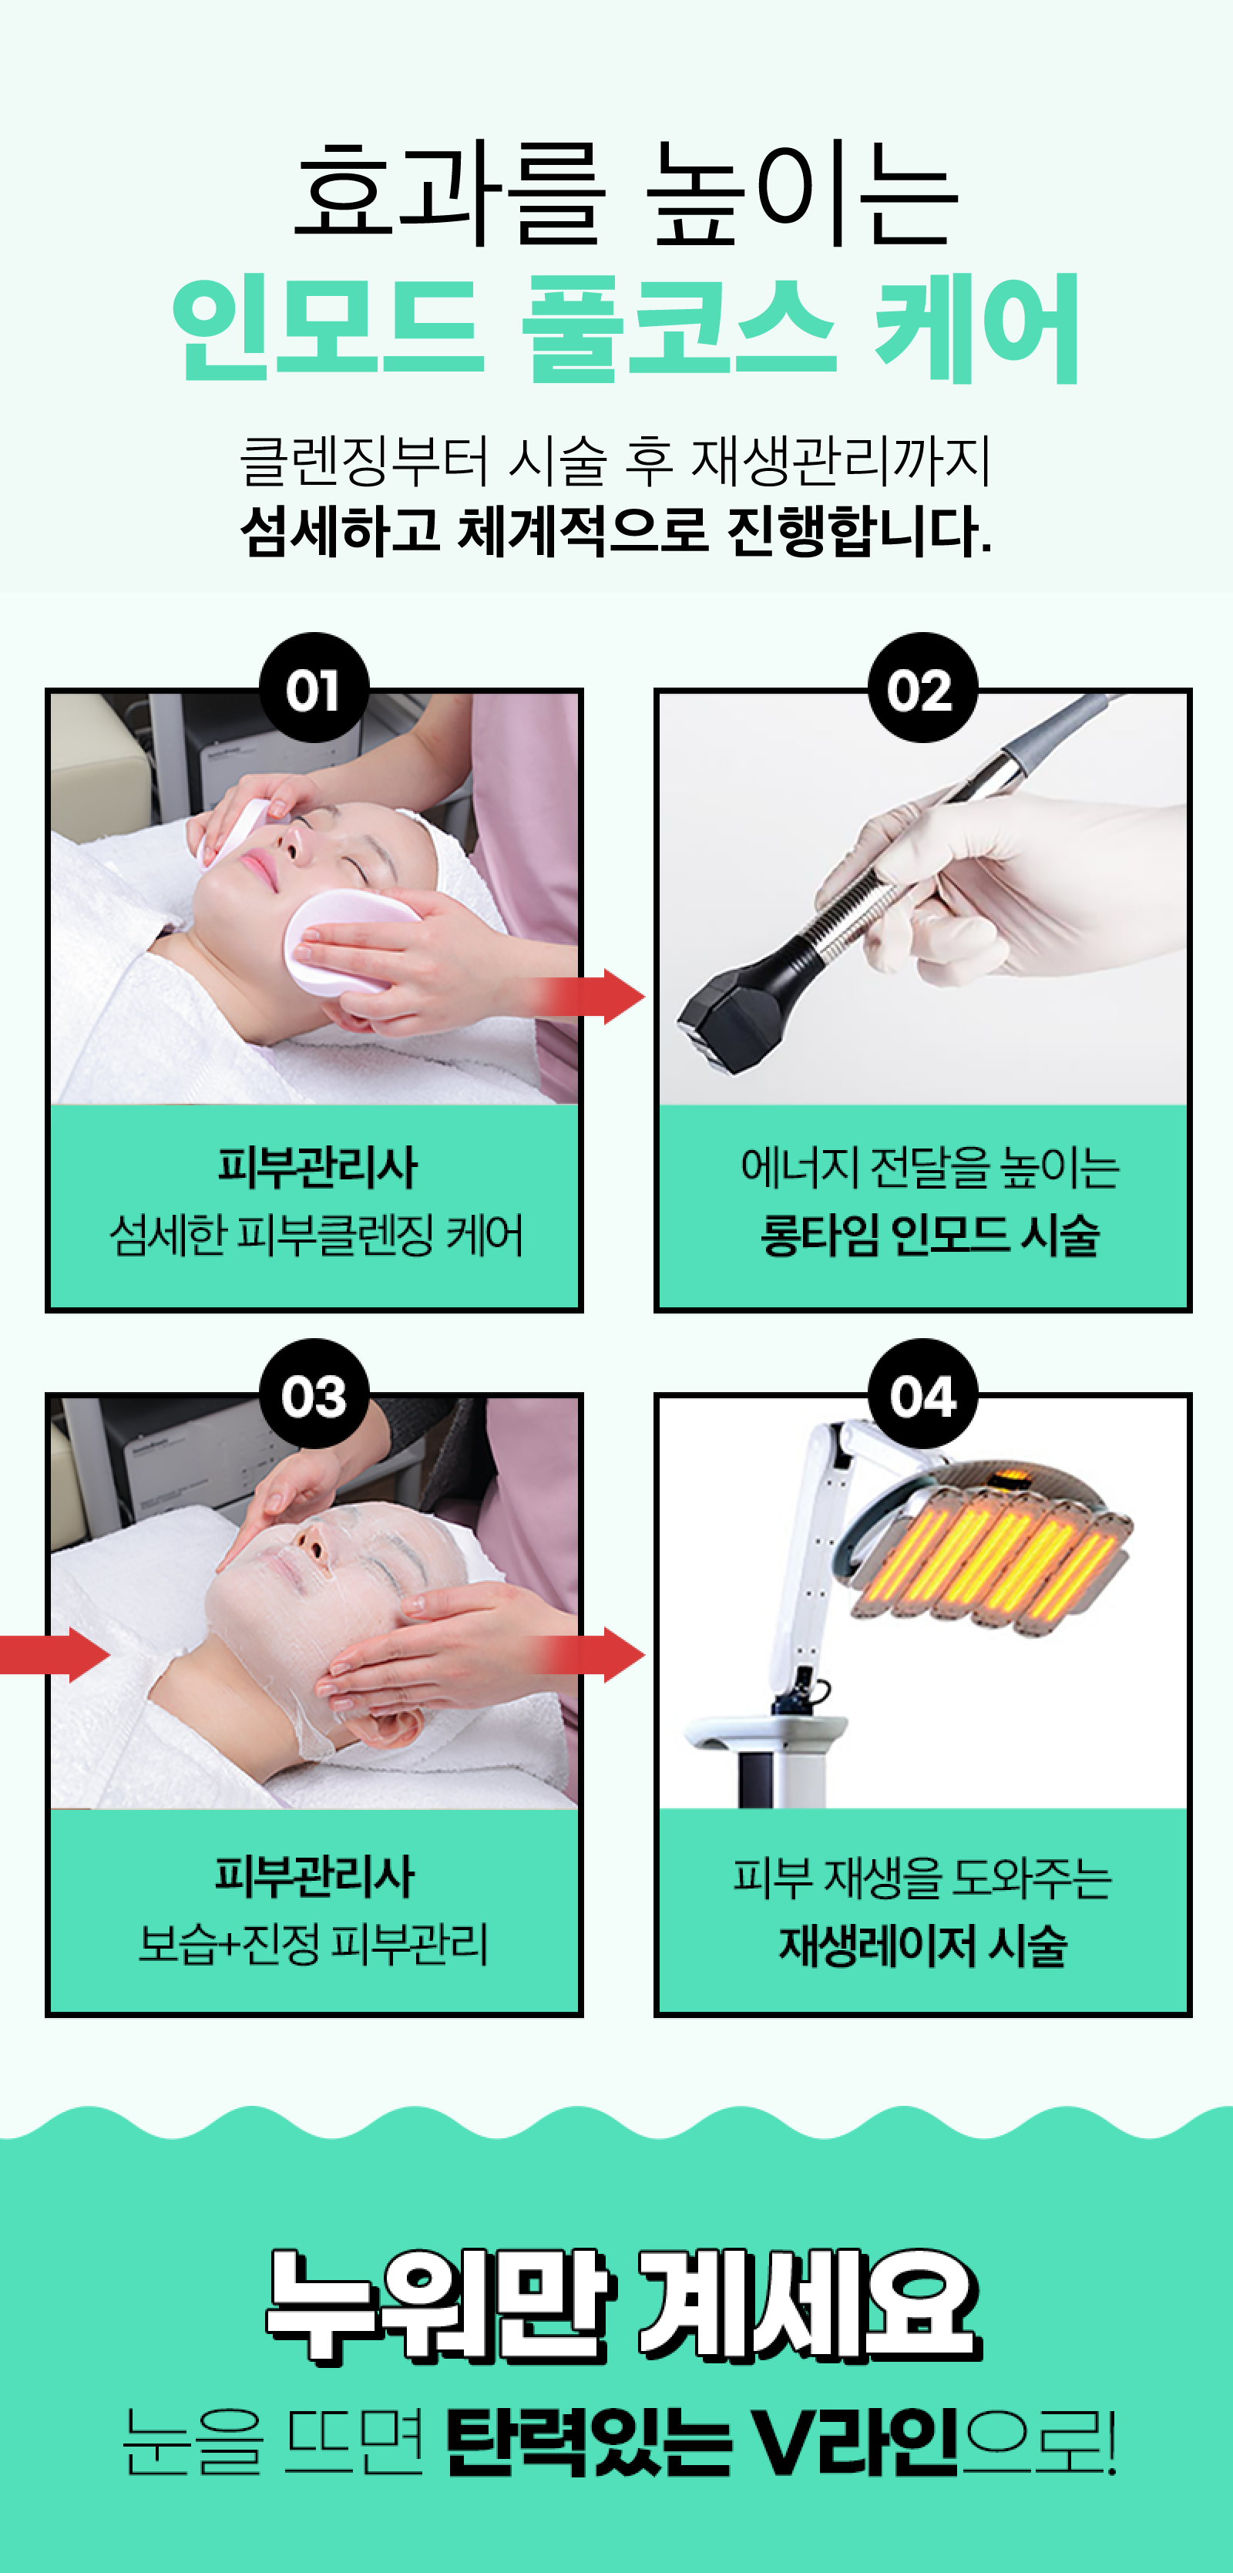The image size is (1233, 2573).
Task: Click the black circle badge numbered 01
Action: click(x=314, y=688)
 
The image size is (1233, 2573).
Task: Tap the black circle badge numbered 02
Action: click(x=922, y=688)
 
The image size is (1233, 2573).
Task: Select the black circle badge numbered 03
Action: click(x=314, y=1394)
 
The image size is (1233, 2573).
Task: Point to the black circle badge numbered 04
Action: click(x=922, y=1394)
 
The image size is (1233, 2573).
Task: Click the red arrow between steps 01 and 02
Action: click(x=589, y=996)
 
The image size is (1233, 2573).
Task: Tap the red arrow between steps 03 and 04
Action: click(x=589, y=1654)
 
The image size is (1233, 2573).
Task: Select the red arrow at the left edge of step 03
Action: click(x=55, y=1654)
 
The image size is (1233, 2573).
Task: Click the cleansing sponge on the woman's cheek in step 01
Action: click(x=348, y=940)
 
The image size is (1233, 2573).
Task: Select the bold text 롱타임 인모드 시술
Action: click(x=929, y=1235)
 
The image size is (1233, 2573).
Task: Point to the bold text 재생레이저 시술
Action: click(x=923, y=1944)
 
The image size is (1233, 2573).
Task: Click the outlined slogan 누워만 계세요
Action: click(x=624, y=2307)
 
